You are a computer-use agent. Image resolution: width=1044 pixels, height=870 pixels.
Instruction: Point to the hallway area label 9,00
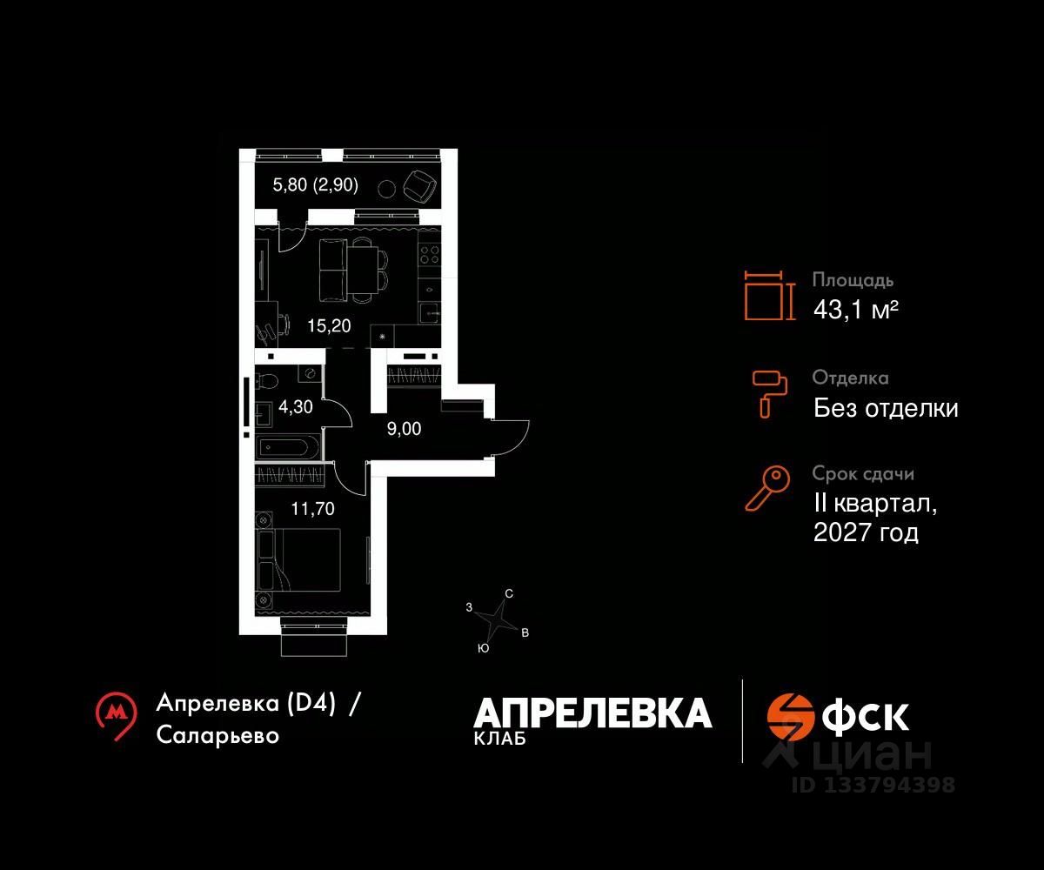(x=405, y=427)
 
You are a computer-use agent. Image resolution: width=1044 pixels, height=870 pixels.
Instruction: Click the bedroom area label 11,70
(x=312, y=509)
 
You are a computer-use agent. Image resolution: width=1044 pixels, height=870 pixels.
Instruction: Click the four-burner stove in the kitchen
(x=429, y=254)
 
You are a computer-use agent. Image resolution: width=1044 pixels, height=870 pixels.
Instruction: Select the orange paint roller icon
(x=769, y=392)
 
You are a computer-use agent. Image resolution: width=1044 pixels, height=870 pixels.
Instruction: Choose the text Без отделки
(x=886, y=408)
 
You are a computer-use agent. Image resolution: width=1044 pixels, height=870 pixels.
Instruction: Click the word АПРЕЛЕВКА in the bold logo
(x=592, y=713)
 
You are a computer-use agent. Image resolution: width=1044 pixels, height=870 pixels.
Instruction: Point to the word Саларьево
(x=218, y=735)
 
